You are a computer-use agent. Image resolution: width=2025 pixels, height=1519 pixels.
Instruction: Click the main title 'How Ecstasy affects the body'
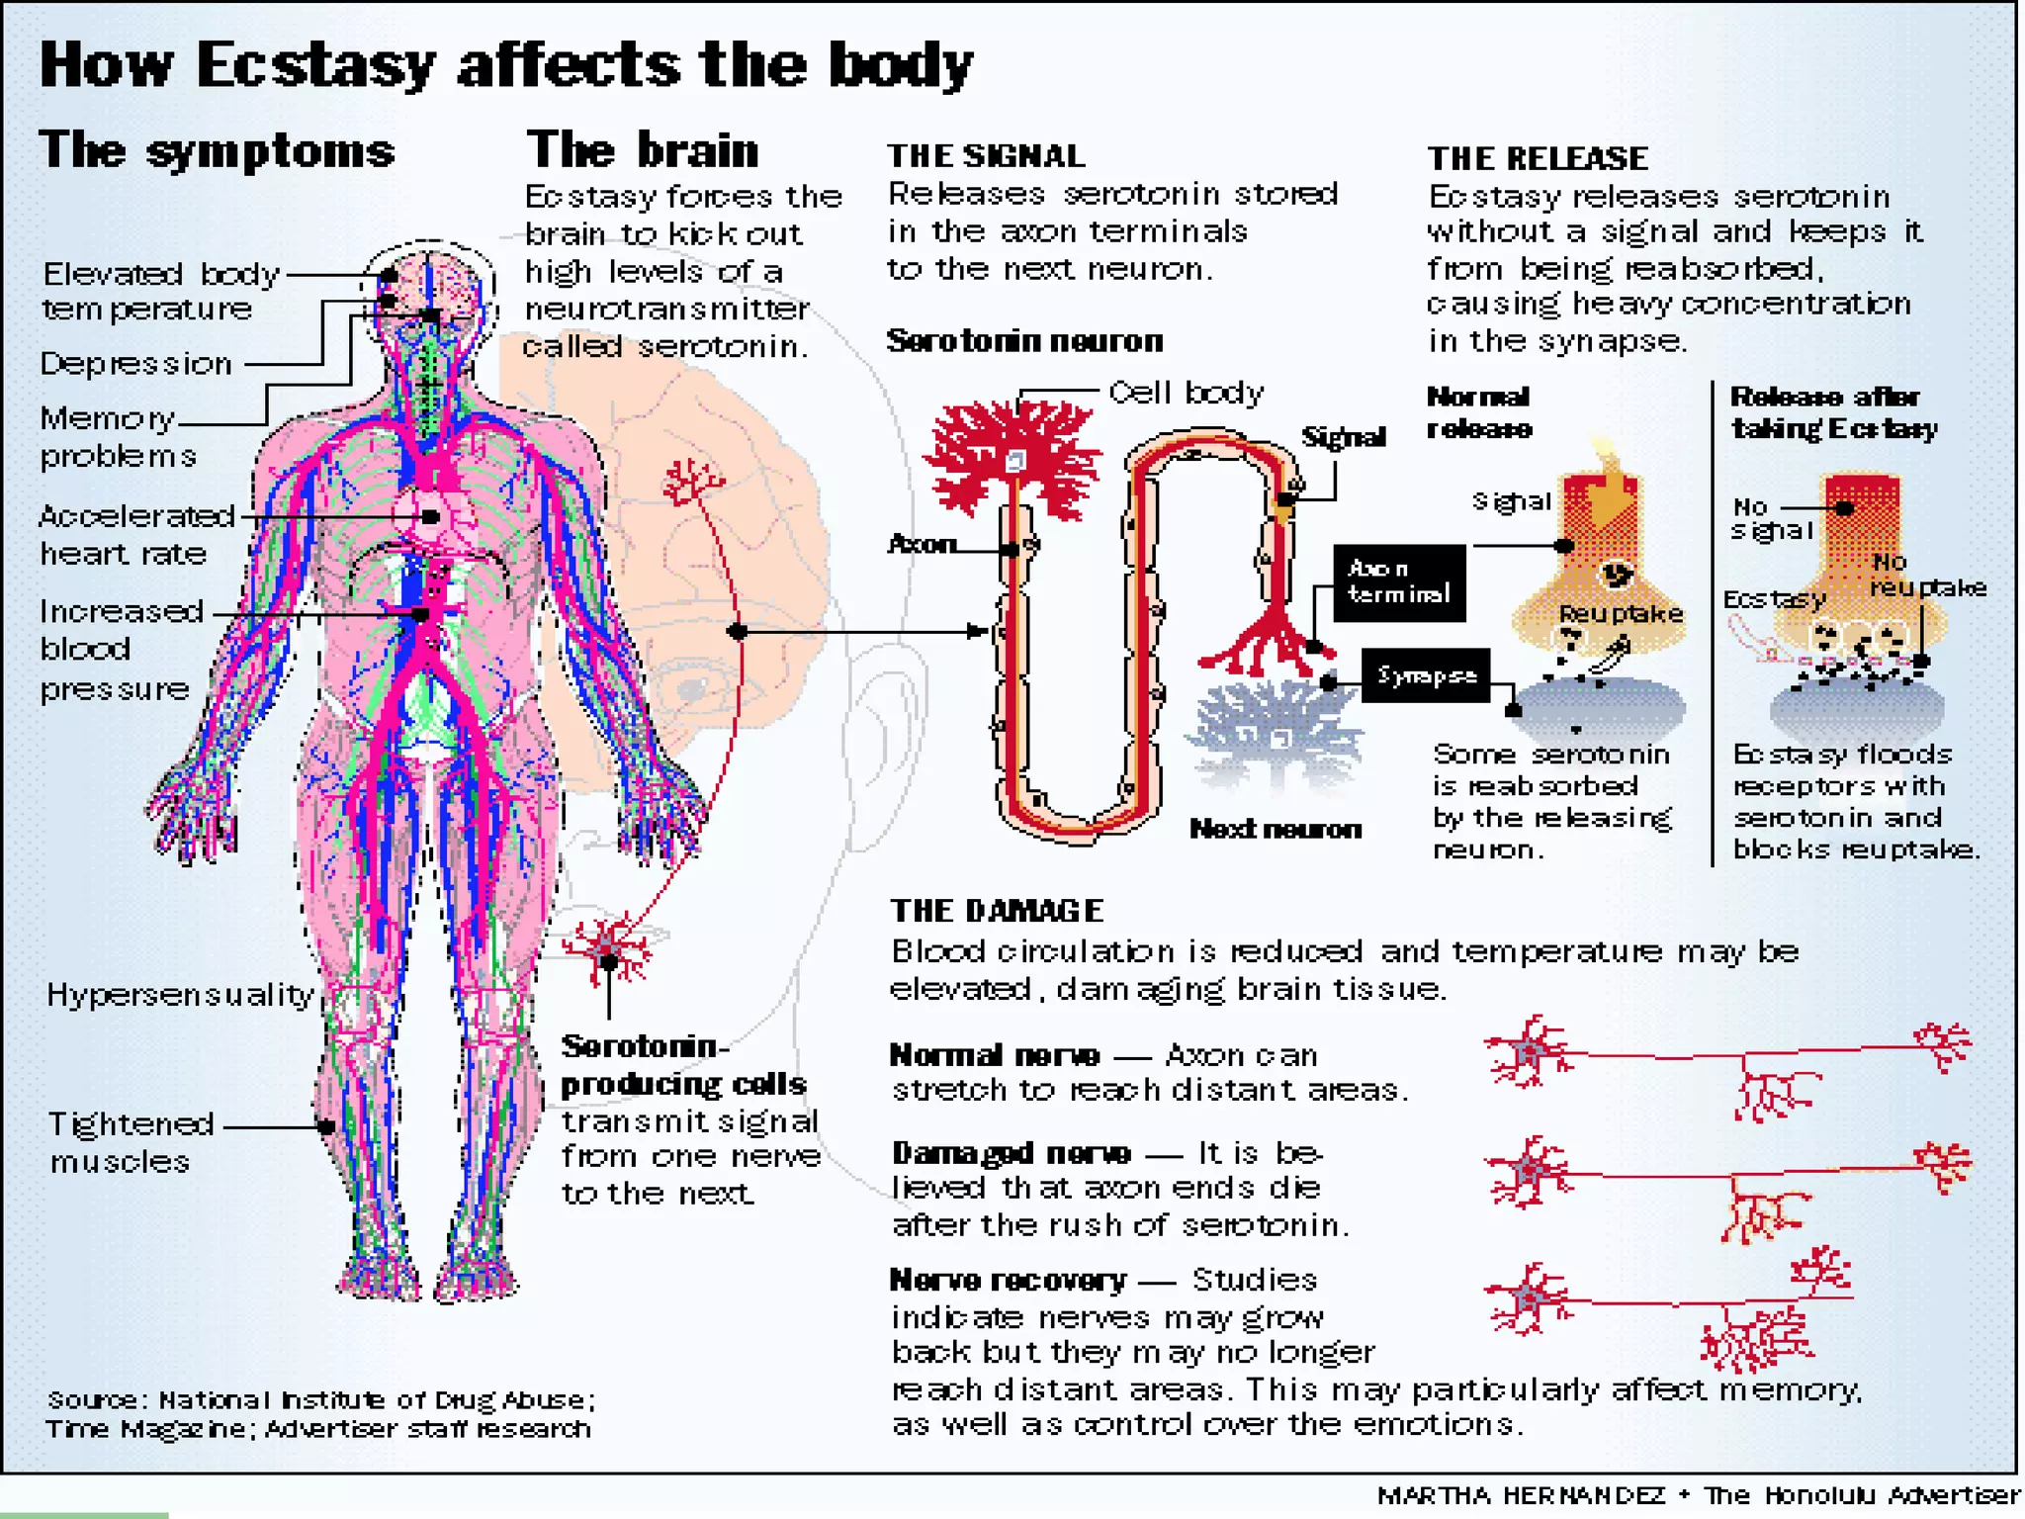click(506, 65)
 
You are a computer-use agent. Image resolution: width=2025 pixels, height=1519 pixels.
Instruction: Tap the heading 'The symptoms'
click(217, 151)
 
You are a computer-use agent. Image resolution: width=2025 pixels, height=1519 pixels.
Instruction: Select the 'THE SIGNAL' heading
click(986, 156)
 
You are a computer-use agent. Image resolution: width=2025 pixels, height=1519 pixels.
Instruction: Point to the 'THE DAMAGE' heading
click(997, 910)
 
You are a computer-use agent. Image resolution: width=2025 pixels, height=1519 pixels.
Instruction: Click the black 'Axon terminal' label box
click(1398, 582)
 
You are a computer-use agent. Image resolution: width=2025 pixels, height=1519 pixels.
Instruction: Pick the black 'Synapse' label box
click(1426, 675)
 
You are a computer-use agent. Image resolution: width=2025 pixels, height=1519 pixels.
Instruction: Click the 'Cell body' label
click(1186, 393)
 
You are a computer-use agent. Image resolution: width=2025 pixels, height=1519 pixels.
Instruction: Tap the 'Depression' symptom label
click(135, 364)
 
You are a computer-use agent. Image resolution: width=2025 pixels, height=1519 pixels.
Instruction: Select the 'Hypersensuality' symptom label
click(180, 994)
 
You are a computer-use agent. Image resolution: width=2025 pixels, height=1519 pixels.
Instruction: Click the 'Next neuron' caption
click(1275, 829)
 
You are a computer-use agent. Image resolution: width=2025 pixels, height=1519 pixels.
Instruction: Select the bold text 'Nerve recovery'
click(1008, 1281)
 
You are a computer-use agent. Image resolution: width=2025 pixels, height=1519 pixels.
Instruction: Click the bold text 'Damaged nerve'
click(1011, 1153)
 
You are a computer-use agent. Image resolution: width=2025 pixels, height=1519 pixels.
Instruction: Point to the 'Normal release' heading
click(1479, 412)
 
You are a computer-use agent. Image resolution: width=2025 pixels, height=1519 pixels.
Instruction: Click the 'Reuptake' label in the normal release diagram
click(1621, 613)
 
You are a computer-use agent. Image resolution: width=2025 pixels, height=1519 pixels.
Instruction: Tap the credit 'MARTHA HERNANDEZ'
click(1521, 1495)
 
